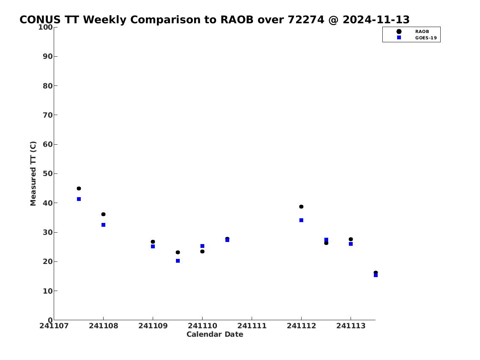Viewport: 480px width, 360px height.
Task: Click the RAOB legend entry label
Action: [422, 32]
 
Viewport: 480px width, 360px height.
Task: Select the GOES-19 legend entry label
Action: [426, 38]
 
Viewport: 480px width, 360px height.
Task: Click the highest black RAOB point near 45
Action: [79, 188]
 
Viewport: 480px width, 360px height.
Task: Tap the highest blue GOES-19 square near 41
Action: [79, 199]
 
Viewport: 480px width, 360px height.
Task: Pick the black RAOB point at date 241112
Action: [301, 206]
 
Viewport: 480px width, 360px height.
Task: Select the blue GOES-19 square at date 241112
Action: [301, 220]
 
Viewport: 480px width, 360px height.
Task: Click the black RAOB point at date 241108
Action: [103, 214]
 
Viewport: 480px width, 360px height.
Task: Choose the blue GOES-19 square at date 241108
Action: [103, 225]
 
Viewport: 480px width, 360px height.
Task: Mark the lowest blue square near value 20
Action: [178, 261]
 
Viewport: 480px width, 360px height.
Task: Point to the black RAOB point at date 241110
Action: [202, 251]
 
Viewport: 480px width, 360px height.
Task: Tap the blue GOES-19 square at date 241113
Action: [351, 244]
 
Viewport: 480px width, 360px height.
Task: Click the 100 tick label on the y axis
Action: [45, 27]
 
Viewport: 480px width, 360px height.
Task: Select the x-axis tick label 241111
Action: [252, 326]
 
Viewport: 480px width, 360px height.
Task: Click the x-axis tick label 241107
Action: [54, 326]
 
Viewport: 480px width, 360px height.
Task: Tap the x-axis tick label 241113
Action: [351, 326]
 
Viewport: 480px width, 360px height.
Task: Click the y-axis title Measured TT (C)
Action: [33, 173]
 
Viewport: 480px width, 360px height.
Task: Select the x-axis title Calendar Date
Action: [215, 334]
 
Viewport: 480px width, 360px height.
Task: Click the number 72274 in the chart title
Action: [306, 19]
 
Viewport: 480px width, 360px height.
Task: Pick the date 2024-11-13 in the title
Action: [376, 19]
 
